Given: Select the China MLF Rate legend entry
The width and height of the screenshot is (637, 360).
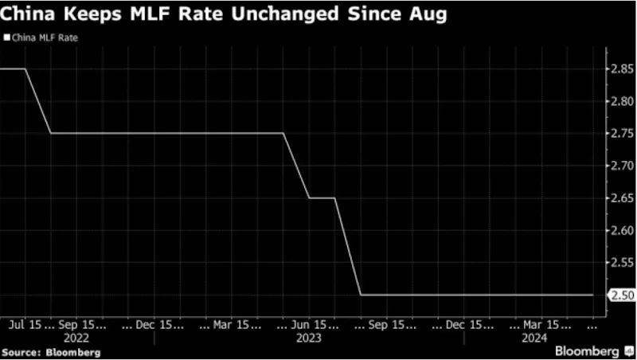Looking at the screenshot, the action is [x=41, y=37].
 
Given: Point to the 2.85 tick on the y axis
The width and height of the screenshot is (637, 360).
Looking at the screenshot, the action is [x=622, y=68].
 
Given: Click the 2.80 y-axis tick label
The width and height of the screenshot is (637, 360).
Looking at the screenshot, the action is [x=622, y=101].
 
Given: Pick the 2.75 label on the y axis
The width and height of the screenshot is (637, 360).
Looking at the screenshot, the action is [x=622, y=133].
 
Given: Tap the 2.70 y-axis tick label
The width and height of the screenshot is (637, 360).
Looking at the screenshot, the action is [x=622, y=166].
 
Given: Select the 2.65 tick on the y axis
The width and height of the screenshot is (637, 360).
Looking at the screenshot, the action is [x=622, y=198].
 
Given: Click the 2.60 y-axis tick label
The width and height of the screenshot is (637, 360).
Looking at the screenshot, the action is [x=622, y=230].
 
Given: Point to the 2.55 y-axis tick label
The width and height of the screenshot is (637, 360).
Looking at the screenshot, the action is [x=622, y=263].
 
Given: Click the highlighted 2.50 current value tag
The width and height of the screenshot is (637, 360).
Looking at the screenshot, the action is [x=622, y=295].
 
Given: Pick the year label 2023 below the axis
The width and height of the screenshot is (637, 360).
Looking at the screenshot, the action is [x=309, y=338].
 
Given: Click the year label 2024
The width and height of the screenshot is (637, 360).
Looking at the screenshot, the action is [x=534, y=338].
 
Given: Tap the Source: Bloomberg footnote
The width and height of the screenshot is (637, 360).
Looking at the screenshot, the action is [x=51, y=352].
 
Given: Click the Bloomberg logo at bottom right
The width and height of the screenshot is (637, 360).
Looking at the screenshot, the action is [x=592, y=351].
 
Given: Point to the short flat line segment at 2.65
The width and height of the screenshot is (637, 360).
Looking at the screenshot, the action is [x=322, y=198].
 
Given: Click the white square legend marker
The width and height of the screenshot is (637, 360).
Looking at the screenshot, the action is [x=7, y=37].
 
